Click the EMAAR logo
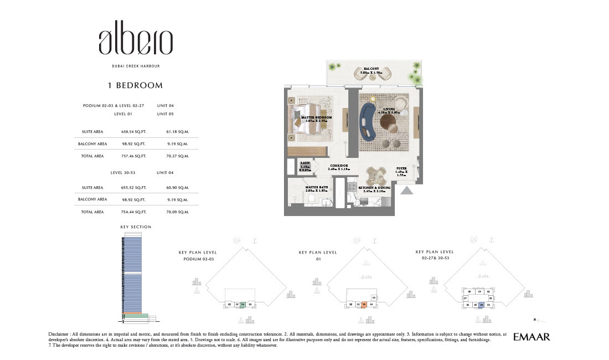[x=531, y=337]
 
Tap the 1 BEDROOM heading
[x=135, y=85]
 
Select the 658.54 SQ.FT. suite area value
[x=133, y=132]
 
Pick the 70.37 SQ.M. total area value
[x=178, y=156]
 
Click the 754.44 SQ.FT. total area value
[x=133, y=212]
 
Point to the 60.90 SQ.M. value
[x=178, y=188]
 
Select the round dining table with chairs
[x=377, y=176]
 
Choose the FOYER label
[x=401, y=168]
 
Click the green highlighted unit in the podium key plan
[x=242, y=304]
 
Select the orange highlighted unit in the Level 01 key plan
[x=364, y=304]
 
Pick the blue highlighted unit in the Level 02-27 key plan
[x=482, y=305]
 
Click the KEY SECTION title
[x=136, y=227]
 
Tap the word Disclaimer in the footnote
[x=60, y=334]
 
